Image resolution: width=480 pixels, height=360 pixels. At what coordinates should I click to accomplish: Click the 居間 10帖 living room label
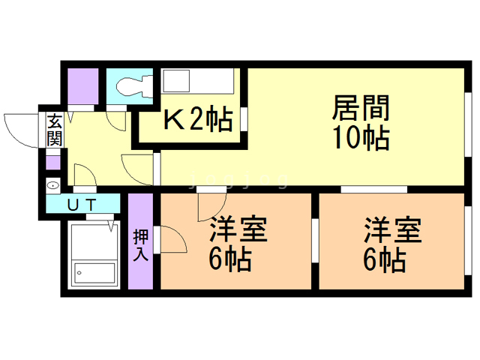(360, 124)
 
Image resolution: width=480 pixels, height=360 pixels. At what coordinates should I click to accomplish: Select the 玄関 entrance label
(55, 129)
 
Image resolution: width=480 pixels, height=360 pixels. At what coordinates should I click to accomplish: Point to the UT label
(82, 203)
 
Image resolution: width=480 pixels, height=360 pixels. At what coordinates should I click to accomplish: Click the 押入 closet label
(140, 244)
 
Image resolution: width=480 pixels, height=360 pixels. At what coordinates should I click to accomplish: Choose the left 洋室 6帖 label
(239, 244)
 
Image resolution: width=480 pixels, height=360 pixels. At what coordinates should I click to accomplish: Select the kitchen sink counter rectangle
(198, 81)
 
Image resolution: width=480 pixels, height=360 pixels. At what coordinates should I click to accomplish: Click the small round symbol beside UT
(53, 184)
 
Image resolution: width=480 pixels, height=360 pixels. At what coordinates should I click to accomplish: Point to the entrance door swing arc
(20, 127)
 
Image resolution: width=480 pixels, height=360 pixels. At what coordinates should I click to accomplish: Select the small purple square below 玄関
(53, 161)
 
